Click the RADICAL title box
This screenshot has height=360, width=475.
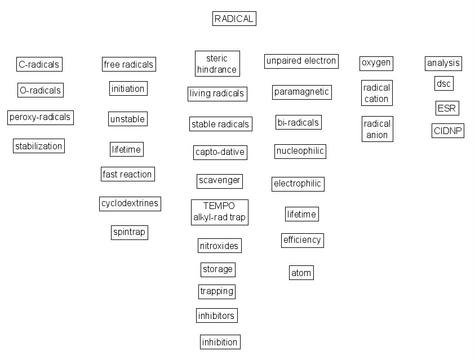tap(234, 19)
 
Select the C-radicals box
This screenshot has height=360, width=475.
tap(39, 64)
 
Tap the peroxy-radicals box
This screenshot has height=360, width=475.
tap(40, 117)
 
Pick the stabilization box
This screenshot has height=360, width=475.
tap(39, 146)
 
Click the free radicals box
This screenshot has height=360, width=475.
tap(128, 64)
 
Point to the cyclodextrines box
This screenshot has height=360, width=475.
tap(130, 203)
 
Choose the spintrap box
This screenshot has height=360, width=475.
tap(129, 232)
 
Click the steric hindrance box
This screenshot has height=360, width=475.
tap(217, 64)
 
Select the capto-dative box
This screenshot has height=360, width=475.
tap(220, 152)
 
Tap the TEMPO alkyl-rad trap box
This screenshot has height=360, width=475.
tap(220, 211)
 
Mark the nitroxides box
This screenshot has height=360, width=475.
tap(220, 246)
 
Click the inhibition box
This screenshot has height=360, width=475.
tap(220, 341)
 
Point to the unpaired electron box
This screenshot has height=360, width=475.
tap(301, 61)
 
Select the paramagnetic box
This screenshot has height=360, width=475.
tap(301, 92)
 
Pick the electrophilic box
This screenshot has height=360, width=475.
tap(298, 184)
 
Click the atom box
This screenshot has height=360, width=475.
tap(301, 273)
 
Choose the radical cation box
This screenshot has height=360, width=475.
tap(376, 93)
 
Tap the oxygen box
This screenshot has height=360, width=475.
tap(376, 63)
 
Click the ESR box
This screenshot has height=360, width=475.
tap(447, 108)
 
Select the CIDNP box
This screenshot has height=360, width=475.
tap(448, 131)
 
